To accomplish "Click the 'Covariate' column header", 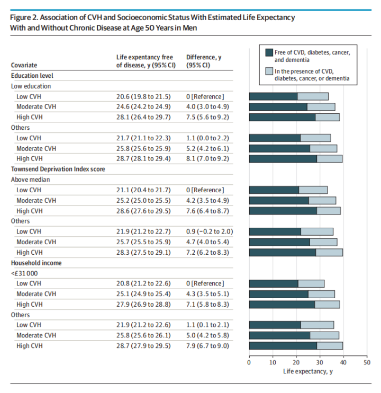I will tap(24, 65).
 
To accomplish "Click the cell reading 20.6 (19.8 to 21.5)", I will tap(143, 96).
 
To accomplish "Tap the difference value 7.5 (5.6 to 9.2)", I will tap(208, 117).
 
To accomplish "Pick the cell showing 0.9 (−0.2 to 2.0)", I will tap(210, 231).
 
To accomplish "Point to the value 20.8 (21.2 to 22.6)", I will tap(143, 283).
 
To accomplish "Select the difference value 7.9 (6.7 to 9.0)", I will tap(208, 346).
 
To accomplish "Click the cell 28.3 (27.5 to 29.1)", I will tap(143, 252).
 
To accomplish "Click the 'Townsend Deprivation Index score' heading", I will tap(58, 169).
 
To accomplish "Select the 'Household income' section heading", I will tap(36, 263).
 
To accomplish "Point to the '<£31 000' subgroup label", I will tap(24, 273).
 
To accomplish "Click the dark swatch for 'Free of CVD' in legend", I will tap(268, 52).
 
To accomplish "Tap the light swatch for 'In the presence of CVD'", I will tap(268, 71).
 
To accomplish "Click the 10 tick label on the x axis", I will tap(273, 363).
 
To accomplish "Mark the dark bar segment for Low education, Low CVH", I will tap(273, 96).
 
